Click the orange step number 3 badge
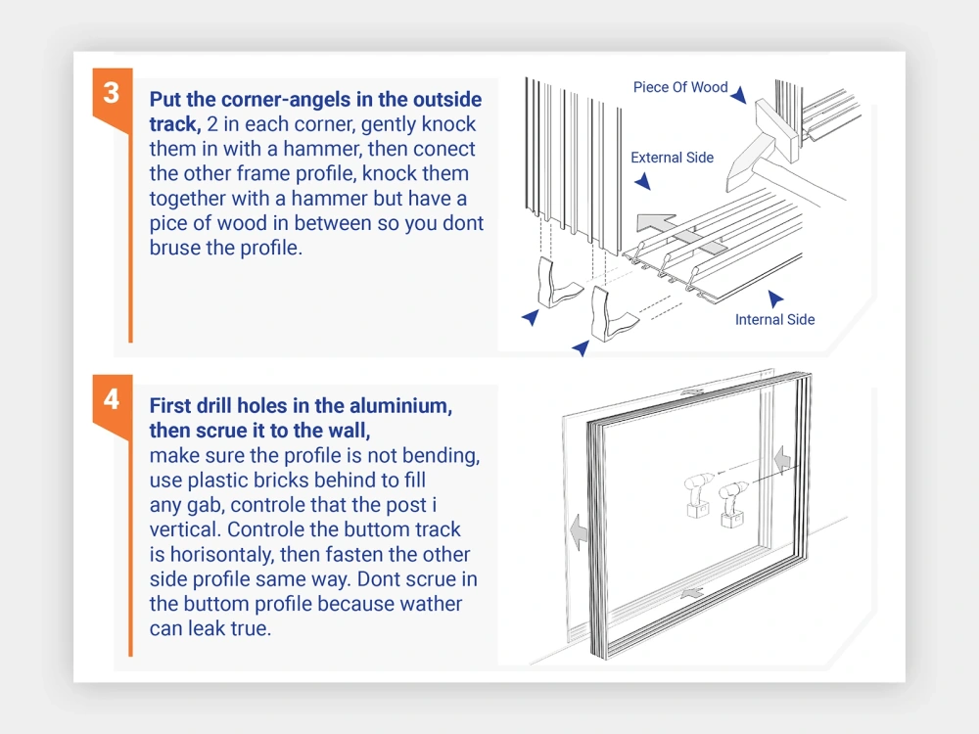112,93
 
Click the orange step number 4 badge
112,400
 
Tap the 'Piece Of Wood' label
679,87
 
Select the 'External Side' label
672,158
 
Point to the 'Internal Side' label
774,319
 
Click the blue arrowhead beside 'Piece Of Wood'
739,95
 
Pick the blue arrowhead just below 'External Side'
642,182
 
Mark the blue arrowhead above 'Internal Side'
775,298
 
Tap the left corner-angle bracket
556,288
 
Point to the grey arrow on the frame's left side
578,531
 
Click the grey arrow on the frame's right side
780,457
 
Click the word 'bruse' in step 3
177,248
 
